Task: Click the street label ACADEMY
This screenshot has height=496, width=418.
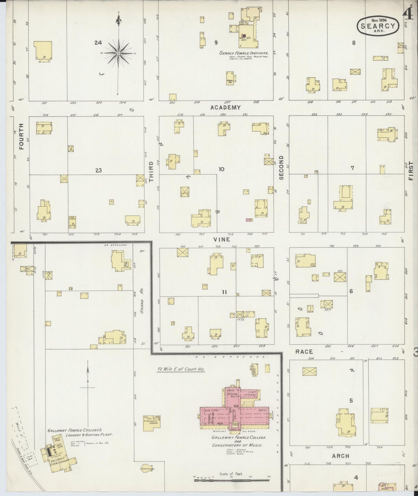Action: click(x=225, y=108)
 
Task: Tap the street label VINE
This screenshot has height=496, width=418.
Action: click(x=222, y=240)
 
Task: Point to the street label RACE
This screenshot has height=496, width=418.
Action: click(x=304, y=352)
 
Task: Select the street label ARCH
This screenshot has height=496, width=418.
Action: click(x=340, y=456)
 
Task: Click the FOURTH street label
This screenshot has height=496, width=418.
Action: click(x=21, y=136)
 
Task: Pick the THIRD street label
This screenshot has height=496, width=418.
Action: click(x=151, y=172)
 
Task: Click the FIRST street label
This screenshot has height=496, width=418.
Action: click(x=411, y=171)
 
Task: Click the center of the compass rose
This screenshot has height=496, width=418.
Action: click(x=118, y=54)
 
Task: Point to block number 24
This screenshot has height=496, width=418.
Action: click(x=98, y=43)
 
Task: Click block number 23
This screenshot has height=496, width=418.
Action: click(x=99, y=170)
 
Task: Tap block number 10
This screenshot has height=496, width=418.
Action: click(x=221, y=169)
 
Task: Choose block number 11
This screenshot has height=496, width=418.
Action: click(x=224, y=292)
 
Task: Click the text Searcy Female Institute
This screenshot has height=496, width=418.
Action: click(x=244, y=54)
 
